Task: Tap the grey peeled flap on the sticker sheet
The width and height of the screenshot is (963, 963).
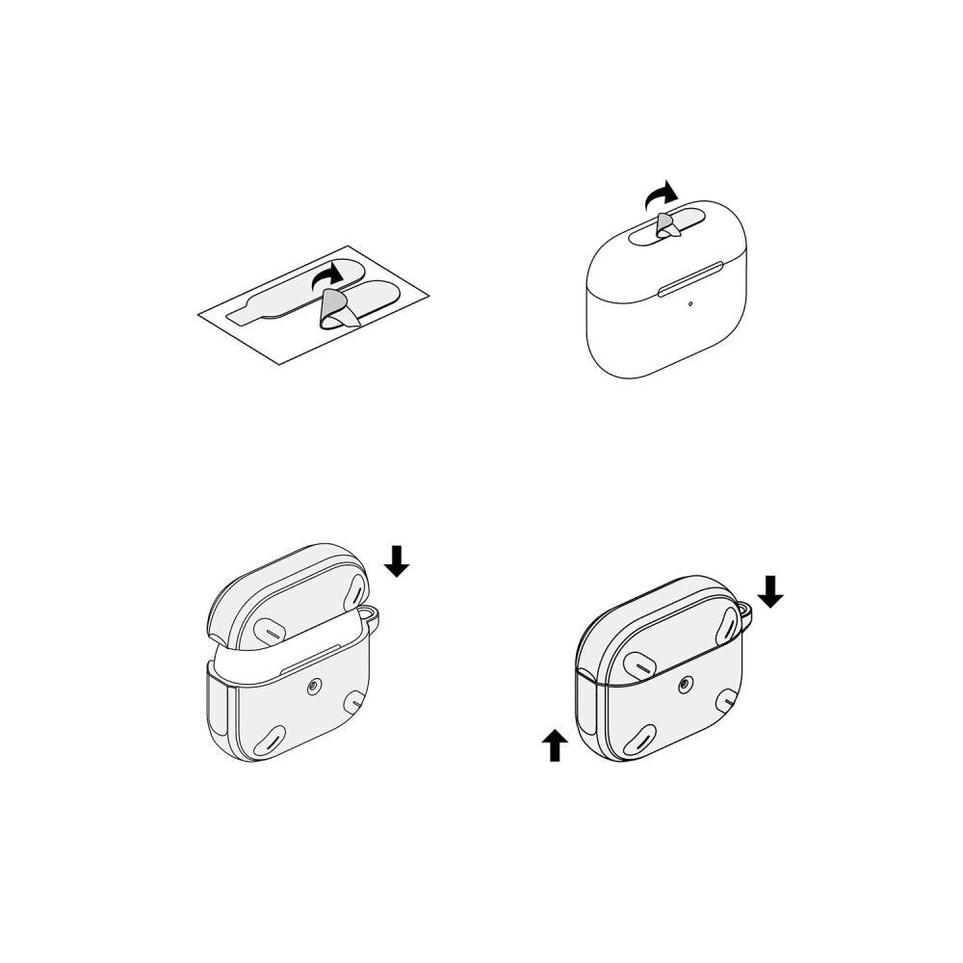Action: [333, 309]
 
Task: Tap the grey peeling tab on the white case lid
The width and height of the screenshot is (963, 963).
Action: [665, 225]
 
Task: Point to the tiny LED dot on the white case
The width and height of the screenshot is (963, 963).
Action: [690, 305]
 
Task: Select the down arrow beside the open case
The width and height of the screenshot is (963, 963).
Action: [397, 560]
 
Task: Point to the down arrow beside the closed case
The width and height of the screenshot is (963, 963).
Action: [770, 590]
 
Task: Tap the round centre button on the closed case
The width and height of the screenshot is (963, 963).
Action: [684, 685]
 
